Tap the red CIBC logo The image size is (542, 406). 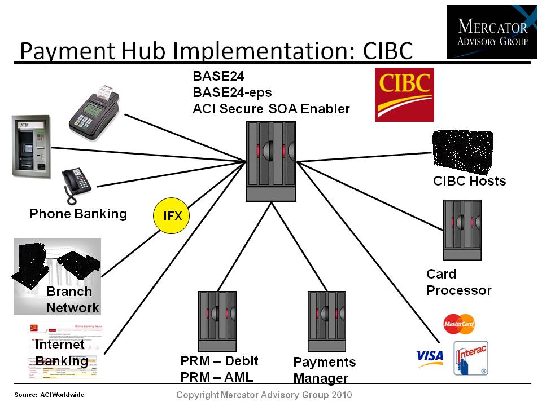404,94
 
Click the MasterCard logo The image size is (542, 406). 458,324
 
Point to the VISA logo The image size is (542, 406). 430,356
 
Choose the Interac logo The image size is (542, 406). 470,358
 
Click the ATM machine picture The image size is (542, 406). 32,147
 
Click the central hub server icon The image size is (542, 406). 271,161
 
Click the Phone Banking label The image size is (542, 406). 78,214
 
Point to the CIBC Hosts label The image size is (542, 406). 469,181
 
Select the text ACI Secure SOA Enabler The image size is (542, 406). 271,109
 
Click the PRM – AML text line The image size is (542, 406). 217,377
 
